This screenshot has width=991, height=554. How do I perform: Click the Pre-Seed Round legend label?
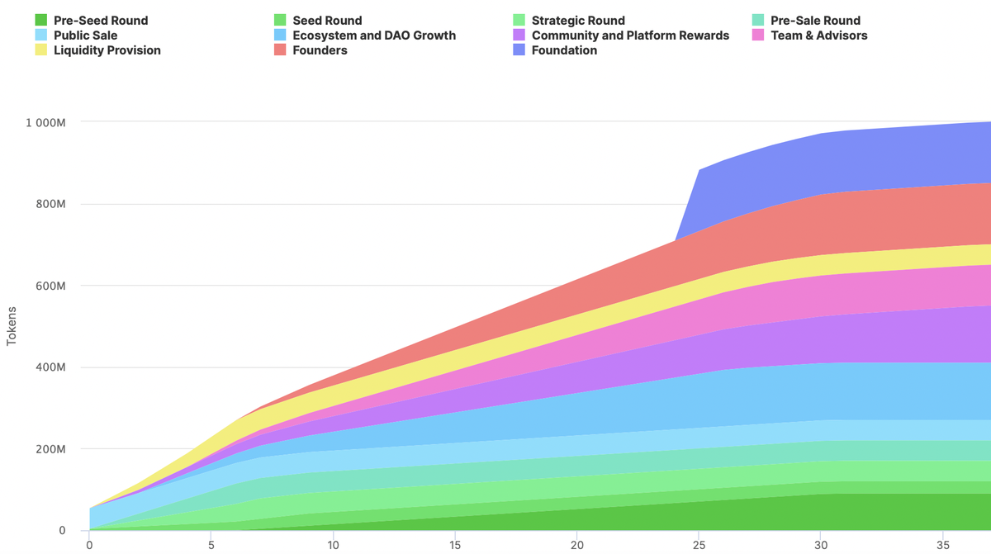tap(101, 20)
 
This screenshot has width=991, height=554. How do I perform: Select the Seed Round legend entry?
tap(327, 20)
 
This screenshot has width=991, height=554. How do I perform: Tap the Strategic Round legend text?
tap(578, 20)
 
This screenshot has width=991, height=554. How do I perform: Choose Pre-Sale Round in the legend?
tap(815, 20)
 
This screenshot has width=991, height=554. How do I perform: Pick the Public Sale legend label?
tap(85, 36)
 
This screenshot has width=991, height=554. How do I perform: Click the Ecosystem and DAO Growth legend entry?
tap(374, 36)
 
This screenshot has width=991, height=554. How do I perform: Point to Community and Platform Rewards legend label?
tap(630, 36)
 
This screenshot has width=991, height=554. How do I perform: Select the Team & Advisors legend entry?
tap(818, 36)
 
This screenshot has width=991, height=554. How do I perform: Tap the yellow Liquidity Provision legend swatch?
tap(40, 50)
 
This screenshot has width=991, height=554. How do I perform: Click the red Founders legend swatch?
tap(280, 50)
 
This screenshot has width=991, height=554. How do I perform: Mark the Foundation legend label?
tap(564, 50)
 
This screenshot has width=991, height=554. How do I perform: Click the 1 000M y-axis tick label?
tap(45, 122)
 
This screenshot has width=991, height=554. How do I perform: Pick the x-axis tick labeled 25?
tap(699, 545)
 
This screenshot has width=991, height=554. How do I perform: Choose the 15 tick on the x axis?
tap(455, 545)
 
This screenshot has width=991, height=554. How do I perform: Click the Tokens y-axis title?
tap(12, 326)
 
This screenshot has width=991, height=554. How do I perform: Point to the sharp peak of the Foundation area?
tap(699, 170)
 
